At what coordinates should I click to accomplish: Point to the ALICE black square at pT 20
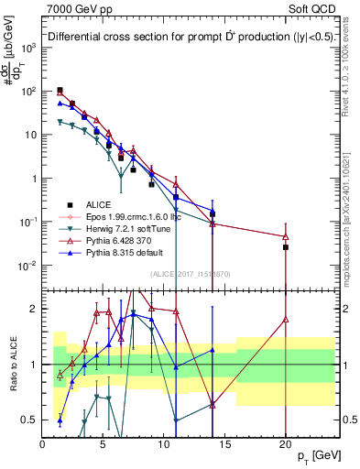point(286,247)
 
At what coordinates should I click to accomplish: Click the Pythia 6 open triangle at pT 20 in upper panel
point(286,236)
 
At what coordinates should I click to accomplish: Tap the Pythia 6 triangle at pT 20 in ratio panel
point(286,320)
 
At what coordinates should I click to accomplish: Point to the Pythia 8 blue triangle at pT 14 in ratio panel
point(213,350)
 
